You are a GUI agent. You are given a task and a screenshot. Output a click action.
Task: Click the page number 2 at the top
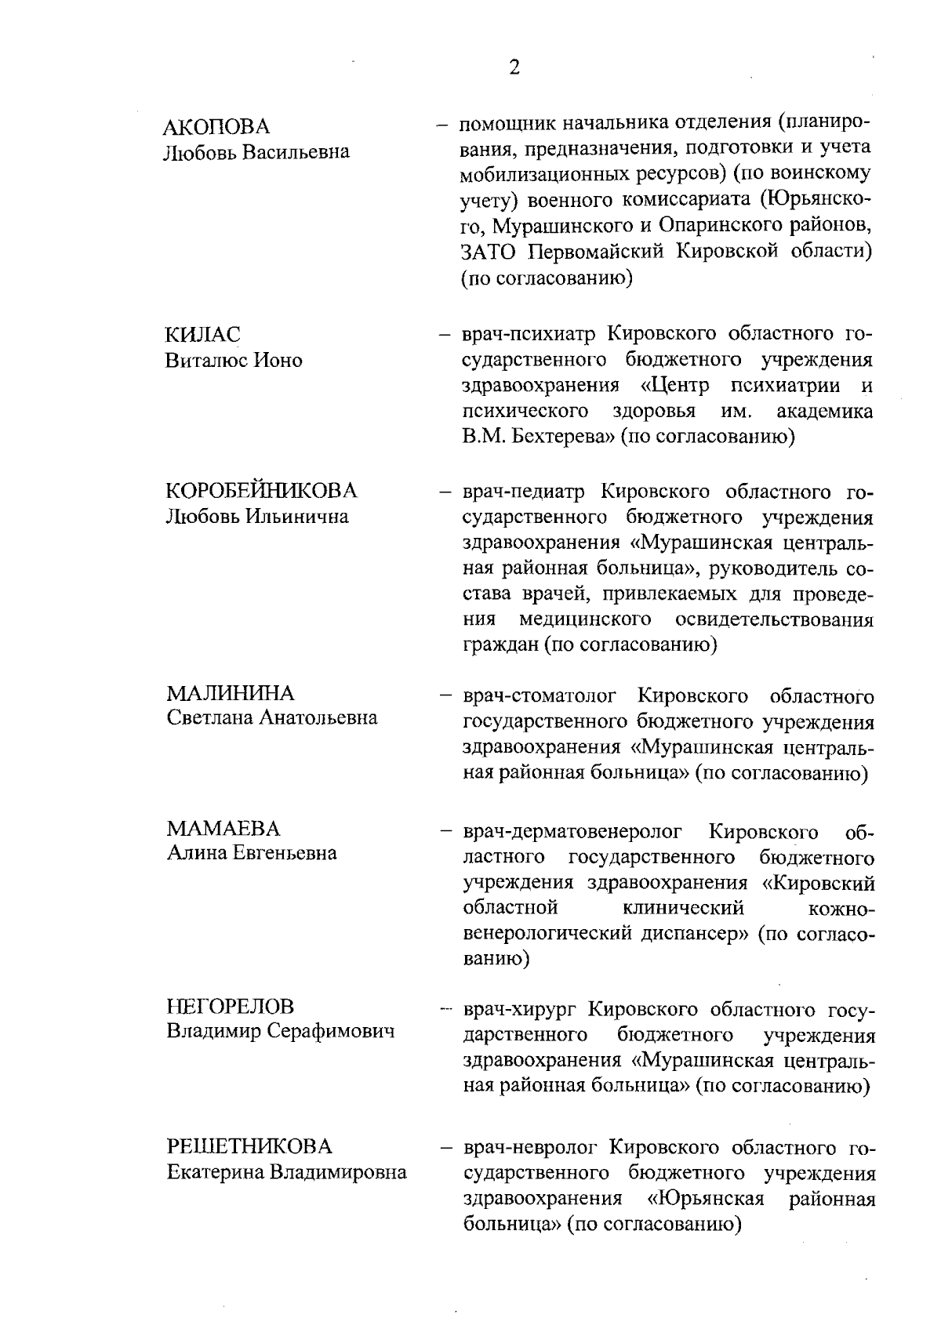[514, 68]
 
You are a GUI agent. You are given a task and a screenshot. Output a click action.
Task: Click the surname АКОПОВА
[216, 127]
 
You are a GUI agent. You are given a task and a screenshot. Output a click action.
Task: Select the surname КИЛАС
[202, 335]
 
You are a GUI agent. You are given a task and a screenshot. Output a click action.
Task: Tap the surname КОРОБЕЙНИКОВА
[261, 492]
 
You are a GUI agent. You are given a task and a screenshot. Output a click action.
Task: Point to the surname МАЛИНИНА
[231, 693]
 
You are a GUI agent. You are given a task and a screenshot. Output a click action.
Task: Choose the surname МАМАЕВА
[223, 829]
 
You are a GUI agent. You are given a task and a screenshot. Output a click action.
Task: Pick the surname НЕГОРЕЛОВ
[231, 1006]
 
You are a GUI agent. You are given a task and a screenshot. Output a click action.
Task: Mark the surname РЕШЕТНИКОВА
[249, 1147]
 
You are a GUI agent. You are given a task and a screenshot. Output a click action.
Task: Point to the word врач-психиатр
[529, 335]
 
